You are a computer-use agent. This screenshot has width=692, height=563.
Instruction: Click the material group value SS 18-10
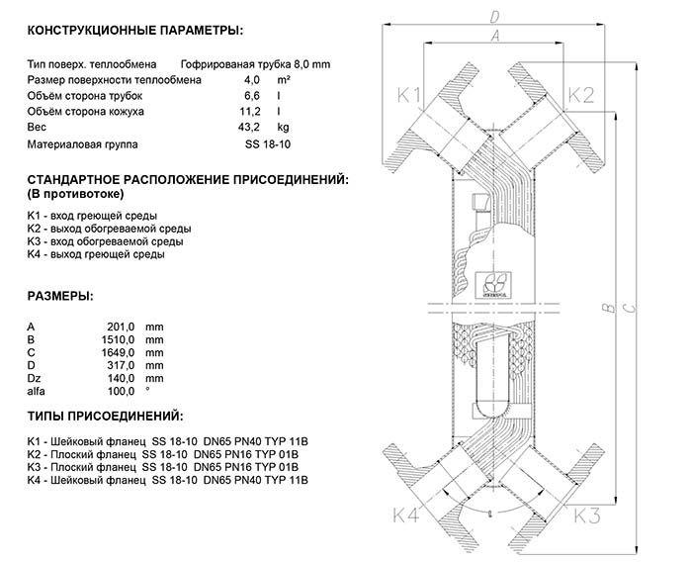[x=268, y=144]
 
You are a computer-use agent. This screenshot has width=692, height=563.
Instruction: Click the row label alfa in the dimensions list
[x=37, y=392]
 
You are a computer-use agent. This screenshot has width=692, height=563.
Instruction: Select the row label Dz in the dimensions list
[x=35, y=379]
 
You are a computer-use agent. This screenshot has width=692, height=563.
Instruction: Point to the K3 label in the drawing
[x=587, y=515]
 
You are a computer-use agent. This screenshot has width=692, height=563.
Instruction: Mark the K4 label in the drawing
[x=406, y=515]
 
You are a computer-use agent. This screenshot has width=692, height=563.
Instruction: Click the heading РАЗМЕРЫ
[x=61, y=295]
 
